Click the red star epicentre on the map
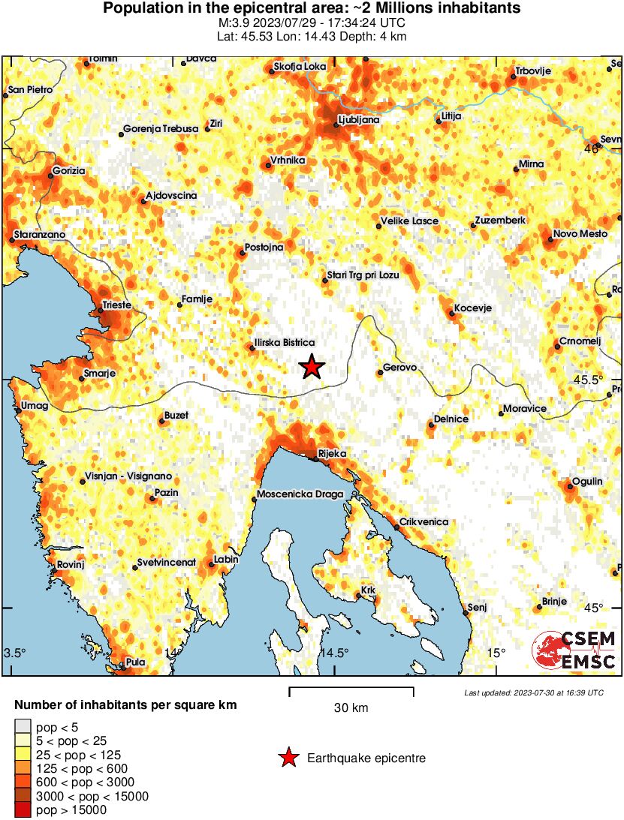point(312,367)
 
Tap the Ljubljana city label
point(359,119)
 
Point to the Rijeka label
point(331,453)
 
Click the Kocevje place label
point(473,308)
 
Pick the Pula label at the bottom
point(135,662)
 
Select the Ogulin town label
point(587,481)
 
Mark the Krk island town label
point(368,590)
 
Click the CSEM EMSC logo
point(574,650)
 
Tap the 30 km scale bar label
point(351,707)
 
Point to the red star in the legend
point(288,758)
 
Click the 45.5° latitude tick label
point(588,379)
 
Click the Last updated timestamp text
point(533,692)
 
